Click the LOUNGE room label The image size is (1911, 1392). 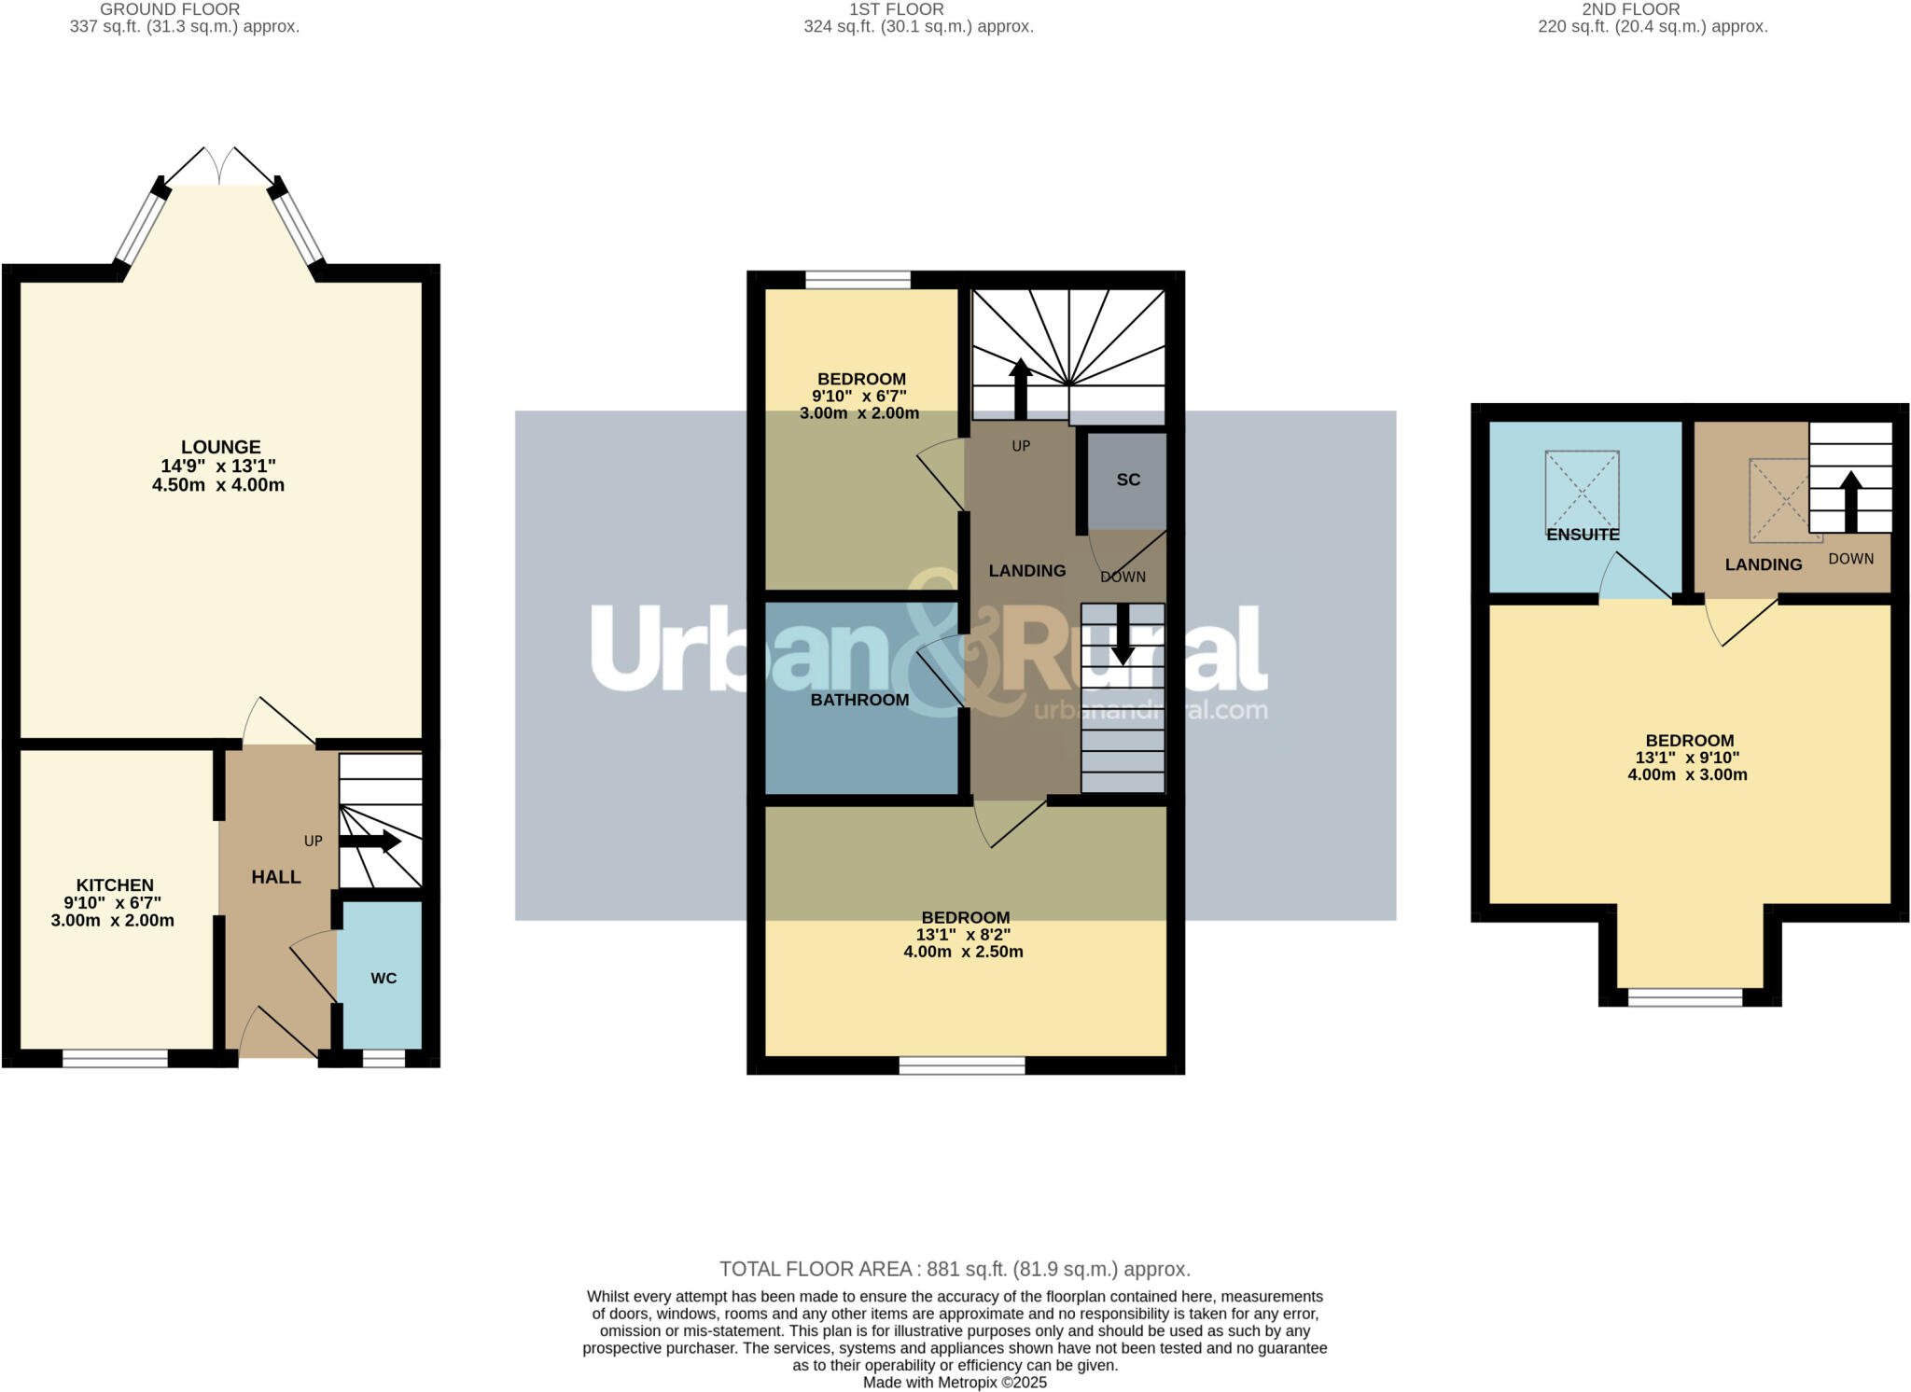click(x=220, y=447)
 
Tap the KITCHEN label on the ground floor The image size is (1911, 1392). click(x=114, y=884)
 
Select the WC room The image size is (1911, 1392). click(x=383, y=978)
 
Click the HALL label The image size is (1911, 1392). click(x=275, y=877)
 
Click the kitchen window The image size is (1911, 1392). click(x=115, y=1058)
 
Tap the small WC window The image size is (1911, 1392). click(x=384, y=1058)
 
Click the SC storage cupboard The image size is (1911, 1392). click(x=1127, y=480)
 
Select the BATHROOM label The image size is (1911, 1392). click(x=858, y=700)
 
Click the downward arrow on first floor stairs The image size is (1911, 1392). click(x=1123, y=634)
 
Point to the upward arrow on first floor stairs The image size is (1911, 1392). click(x=1020, y=387)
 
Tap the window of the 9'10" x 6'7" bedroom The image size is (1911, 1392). click(x=858, y=279)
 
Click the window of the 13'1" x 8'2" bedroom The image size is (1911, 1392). click(x=961, y=1065)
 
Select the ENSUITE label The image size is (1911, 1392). click(x=1583, y=535)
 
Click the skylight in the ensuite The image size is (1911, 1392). click(x=1582, y=490)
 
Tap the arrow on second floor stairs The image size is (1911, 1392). click(x=1850, y=500)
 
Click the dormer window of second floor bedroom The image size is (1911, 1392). click(x=1684, y=997)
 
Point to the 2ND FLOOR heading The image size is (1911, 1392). click(x=1630, y=9)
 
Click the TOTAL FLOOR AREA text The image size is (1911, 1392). click(x=955, y=1269)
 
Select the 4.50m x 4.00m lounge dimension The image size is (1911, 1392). click(x=218, y=485)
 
